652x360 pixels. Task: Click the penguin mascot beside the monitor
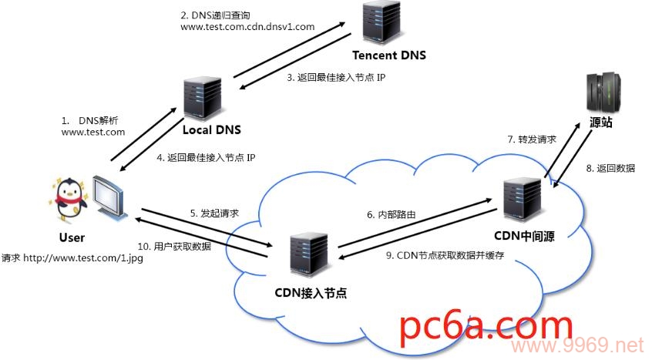click(71, 197)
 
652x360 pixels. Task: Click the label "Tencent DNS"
click(388, 56)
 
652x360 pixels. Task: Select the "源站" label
click(601, 123)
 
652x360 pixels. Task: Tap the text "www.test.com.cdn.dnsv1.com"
click(247, 26)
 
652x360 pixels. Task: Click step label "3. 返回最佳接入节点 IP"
click(336, 79)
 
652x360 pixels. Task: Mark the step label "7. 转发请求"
click(532, 140)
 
